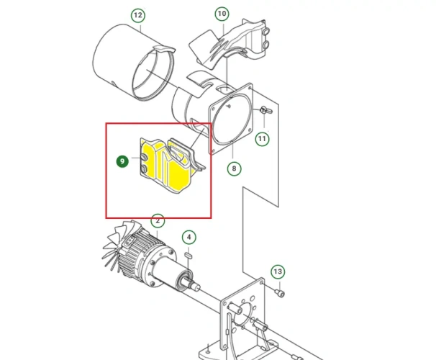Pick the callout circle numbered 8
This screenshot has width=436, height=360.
[234, 170]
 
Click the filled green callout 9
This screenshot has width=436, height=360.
[122, 162]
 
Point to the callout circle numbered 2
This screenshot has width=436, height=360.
[157, 221]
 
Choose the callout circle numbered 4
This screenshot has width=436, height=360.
[189, 237]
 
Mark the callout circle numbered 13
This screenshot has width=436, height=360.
[277, 272]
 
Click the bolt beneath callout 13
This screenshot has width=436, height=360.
[280, 292]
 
